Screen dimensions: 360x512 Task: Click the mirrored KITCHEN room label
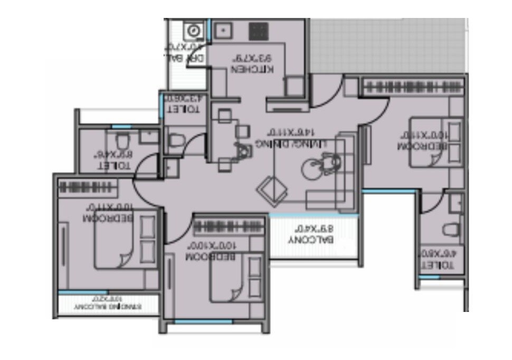(x=253, y=69)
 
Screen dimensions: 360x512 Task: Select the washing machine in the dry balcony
(x=193, y=31)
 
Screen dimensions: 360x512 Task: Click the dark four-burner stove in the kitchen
(x=259, y=31)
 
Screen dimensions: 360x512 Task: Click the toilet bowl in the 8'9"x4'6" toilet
(x=122, y=141)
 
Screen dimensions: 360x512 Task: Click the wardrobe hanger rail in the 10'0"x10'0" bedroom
(x=229, y=227)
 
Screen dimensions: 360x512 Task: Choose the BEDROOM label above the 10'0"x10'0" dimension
(x=211, y=257)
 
